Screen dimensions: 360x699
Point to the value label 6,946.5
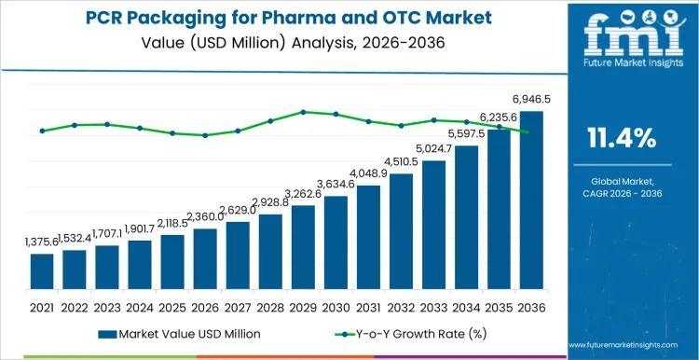[530, 101]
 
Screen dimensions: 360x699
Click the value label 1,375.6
[42, 242]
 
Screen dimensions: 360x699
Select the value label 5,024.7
[433, 149]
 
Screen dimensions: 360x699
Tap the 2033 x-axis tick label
[433, 305]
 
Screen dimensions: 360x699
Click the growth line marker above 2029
[303, 112]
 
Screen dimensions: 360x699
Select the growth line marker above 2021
[42, 131]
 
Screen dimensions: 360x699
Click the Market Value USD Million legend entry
[178, 333]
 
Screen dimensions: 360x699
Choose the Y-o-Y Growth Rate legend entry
[401, 333]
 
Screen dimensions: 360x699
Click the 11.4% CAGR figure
[621, 139]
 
